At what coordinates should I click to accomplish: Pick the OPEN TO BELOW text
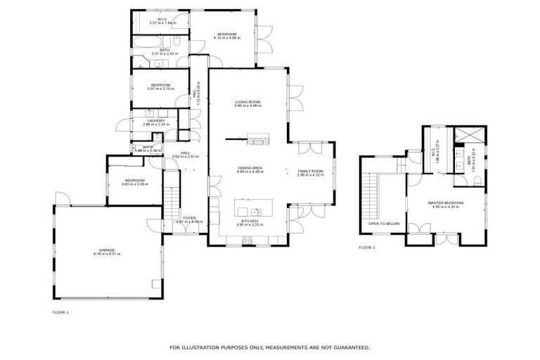tap(379, 224)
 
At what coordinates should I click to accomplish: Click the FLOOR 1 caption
tap(61, 311)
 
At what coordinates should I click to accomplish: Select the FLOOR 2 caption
tap(367, 248)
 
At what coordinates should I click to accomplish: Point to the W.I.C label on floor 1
tap(162, 19)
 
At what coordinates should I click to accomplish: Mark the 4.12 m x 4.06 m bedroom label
tap(227, 35)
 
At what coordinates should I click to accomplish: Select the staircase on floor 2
tap(371, 196)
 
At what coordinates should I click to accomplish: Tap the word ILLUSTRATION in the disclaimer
tap(211, 347)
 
